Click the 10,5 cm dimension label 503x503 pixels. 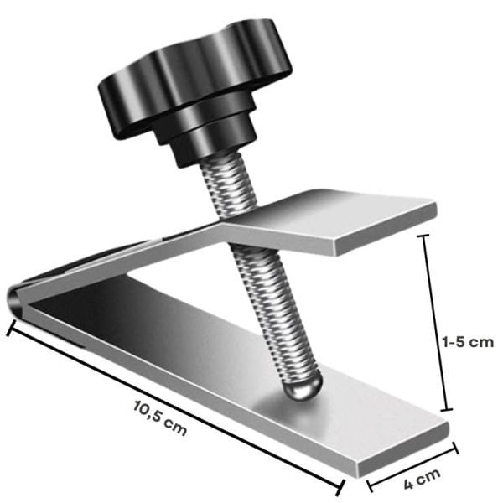pyautogui.click(x=159, y=418)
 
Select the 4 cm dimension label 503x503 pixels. pyautogui.click(x=422, y=478)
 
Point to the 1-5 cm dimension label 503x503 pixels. pyautogui.click(x=468, y=342)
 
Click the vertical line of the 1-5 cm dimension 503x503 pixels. pyautogui.click(x=435, y=323)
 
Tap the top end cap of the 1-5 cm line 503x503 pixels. pyautogui.click(x=423, y=236)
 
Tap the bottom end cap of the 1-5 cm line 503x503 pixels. pyautogui.click(x=447, y=410)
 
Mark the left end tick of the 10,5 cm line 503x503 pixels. pyautogui.click(x=11, y=328)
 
